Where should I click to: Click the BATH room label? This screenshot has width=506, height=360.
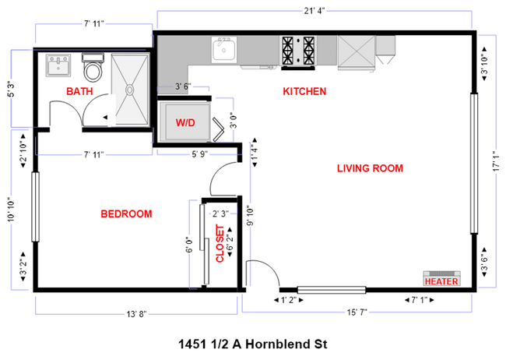click(79, 92)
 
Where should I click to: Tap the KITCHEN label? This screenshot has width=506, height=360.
click(304, 91)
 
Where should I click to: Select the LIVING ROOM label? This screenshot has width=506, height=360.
click(369, 168)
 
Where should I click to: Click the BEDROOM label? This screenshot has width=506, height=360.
click(126, 214)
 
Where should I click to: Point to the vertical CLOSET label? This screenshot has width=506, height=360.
click(220, 245)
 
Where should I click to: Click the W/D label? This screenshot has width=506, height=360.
click(185, 122)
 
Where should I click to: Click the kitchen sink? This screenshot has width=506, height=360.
click(224, 51)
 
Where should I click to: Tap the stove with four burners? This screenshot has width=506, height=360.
click(298, 50)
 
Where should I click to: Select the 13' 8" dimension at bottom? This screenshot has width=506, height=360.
click(136, 313)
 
